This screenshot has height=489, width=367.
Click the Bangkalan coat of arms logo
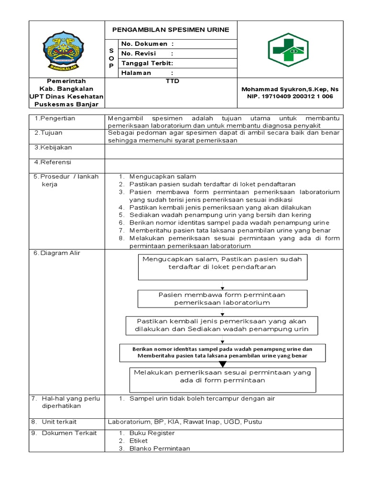coord(66,49)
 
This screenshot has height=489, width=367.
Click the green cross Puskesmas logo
coord(288,49)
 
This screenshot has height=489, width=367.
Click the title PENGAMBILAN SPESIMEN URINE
coord(171,30)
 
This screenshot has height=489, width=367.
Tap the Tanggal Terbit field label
coord(147,63)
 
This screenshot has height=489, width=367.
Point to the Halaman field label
coord(136,73)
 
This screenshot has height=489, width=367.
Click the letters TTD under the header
coord(171,81)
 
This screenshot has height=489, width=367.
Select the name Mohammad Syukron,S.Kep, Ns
coord(290,89)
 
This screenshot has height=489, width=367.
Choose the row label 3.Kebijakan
coord(53,148)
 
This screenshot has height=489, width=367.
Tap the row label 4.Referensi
coord(53,162)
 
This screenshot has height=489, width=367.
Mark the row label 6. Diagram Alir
coord(57,253)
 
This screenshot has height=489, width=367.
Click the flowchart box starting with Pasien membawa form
coord(222,298)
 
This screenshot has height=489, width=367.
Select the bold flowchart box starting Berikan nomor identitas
coord(222,352)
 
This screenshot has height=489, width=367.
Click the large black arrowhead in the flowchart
coord(222,364)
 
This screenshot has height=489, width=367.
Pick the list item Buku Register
coord(152,433)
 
